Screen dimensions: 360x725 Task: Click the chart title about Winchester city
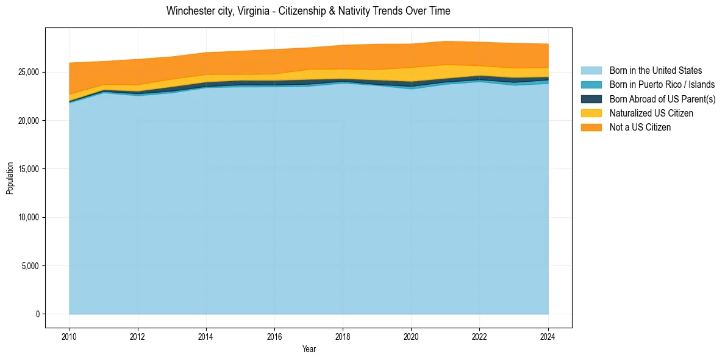pos(308,11)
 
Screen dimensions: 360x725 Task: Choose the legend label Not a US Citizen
pos(640,128)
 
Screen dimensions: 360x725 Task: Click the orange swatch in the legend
pos(591,128)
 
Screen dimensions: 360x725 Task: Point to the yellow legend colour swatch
pos(591,113)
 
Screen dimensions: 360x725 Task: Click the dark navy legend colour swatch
pos(591,99)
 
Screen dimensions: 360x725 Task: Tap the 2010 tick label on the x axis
pos(70,336)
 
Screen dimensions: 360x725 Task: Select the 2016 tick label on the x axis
pos(275,336)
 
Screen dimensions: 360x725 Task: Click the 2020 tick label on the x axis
pos(412,336)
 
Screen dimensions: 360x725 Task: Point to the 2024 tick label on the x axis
pos(548,336)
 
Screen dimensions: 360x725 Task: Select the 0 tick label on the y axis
pos(37,314)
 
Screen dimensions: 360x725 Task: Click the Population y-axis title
pos(10,178)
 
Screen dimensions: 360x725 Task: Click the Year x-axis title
pos(309,349)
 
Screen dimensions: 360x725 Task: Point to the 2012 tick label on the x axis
pos(138,336)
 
